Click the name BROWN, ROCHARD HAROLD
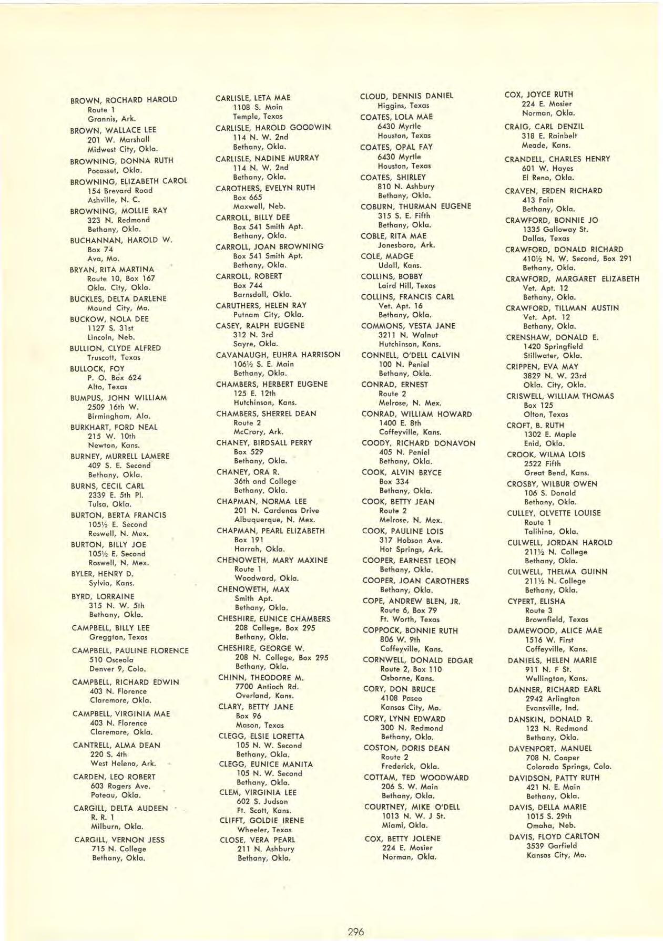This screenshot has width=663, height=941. coord(124,100)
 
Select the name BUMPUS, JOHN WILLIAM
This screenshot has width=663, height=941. coord(118,398)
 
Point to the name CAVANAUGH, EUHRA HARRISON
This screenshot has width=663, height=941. coord(278,355)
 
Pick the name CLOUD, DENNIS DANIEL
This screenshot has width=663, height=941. coord(406,96)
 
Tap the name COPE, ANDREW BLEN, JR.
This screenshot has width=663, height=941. coord(411,601)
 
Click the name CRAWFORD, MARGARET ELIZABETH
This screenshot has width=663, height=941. coord(572,279)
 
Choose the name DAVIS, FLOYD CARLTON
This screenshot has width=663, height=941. coord(554,836)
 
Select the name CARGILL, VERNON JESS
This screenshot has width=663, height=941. coord(119,840)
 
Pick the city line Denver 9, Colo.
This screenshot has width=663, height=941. coord(117,669)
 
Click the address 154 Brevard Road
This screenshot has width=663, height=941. coord(120,190)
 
